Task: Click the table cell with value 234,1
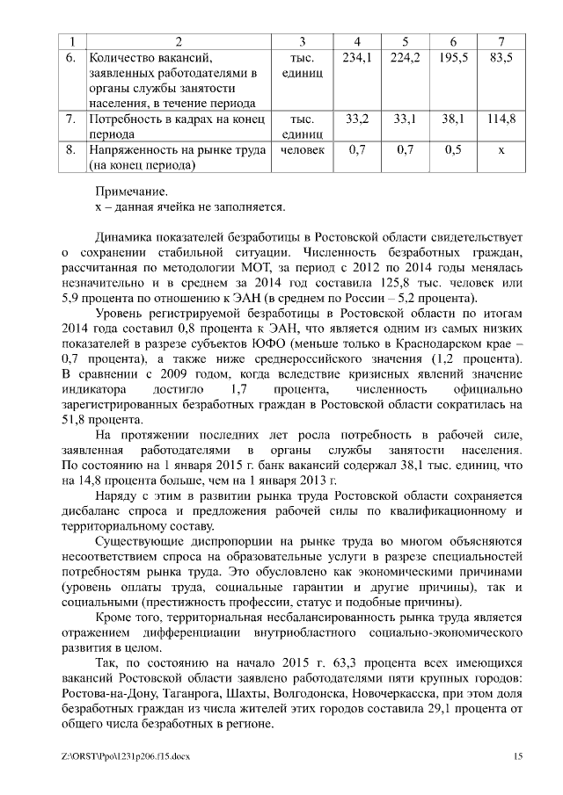point(357,57)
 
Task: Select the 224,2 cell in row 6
point(405,57)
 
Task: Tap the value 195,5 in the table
point(453,57)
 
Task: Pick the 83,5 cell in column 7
point(501,57)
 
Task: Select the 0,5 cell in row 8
point(453,150)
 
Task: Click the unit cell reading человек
point(302,150)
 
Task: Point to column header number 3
point(302,40)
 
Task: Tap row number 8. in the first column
point(70,150)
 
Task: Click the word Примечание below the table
point(130,191)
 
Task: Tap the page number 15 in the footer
point(518,755)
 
